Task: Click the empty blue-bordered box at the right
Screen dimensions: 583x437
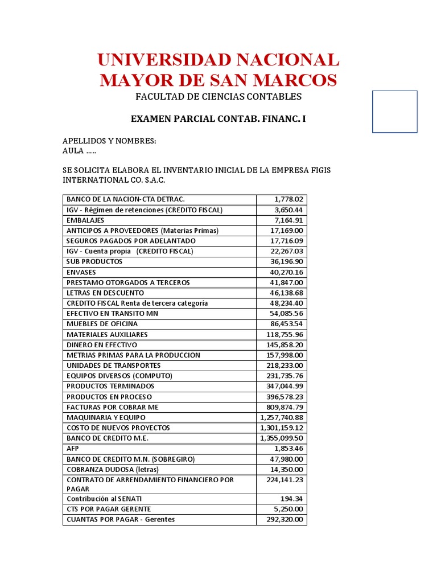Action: click(x=395, y=112)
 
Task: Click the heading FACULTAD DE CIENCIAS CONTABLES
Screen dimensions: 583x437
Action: click(x=218, y=97)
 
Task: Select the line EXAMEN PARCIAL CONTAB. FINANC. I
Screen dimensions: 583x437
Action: click(x=218, y=119)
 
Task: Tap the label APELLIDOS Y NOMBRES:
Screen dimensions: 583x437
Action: click(x=109, y=141)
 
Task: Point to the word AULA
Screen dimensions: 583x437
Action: click(x=73, y=151)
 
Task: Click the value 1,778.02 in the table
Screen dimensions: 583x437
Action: click(x=290, y=199)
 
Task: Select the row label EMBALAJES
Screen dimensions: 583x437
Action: click(x=85, y=220)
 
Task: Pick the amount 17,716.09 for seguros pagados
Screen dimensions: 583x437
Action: click(x=287, y=241)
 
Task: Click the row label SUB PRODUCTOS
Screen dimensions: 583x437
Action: click(x=94, y=262)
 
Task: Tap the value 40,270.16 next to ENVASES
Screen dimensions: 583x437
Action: click(x=287, y=272)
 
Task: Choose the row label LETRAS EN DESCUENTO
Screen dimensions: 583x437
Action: click(x=105, y=293)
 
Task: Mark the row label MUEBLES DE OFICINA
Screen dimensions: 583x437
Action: click(x=102, y=324)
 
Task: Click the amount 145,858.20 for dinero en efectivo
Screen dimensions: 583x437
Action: click(x=285, y=345)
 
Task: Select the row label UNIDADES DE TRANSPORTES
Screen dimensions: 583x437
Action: click(x=113, y=366)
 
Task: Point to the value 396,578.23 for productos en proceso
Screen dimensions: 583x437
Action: click(x=285, y=397)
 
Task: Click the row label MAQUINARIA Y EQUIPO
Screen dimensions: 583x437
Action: click(x=106, y=417)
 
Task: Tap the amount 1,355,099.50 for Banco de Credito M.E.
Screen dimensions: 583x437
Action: click(x=282, y=438)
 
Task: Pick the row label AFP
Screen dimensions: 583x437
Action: click(x=73, y=449)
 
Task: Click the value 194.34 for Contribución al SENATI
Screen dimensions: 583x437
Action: click(x=293, y=499)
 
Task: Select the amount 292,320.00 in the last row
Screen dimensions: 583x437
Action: click(x=285, y=519)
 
